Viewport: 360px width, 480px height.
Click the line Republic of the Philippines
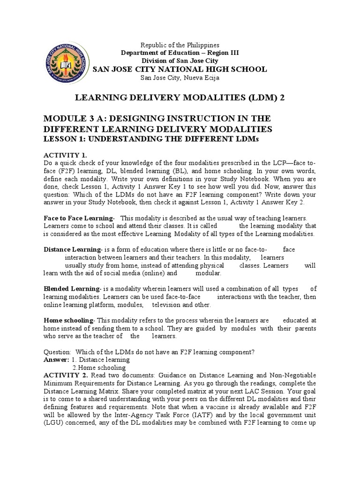[180, 45]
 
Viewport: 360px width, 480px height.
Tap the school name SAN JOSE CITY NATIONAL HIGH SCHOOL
[180, 69]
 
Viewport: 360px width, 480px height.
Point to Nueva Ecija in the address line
[200, 78]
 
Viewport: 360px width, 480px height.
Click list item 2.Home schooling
[99, 367]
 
